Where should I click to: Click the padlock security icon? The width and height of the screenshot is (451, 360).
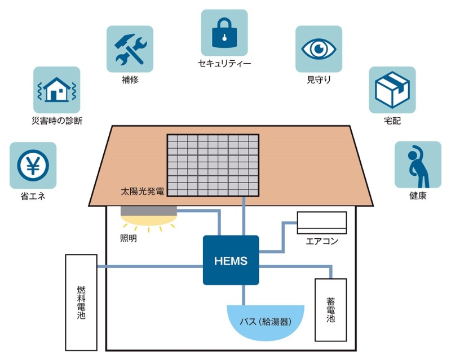(224, 33)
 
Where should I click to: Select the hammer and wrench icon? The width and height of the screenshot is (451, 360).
(130, 49)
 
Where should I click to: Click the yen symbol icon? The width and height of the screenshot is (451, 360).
(33, 165)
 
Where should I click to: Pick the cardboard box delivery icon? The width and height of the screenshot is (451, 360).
(392, 90)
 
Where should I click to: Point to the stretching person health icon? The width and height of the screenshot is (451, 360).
(417, 165)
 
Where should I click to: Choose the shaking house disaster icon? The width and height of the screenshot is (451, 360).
(56, 90)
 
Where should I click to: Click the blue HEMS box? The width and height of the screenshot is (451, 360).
(231, 260)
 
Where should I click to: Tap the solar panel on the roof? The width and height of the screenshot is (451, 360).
(213, 166)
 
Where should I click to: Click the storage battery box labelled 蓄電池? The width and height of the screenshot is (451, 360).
(330, 309)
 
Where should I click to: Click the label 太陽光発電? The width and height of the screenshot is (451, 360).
(143, 192)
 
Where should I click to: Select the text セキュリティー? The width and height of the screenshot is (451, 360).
(224, 63)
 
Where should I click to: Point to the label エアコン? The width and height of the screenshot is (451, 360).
(322, 242)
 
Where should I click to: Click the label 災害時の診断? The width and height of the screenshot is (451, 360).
(56, 121)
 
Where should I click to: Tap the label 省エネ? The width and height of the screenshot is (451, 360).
(33, 197)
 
